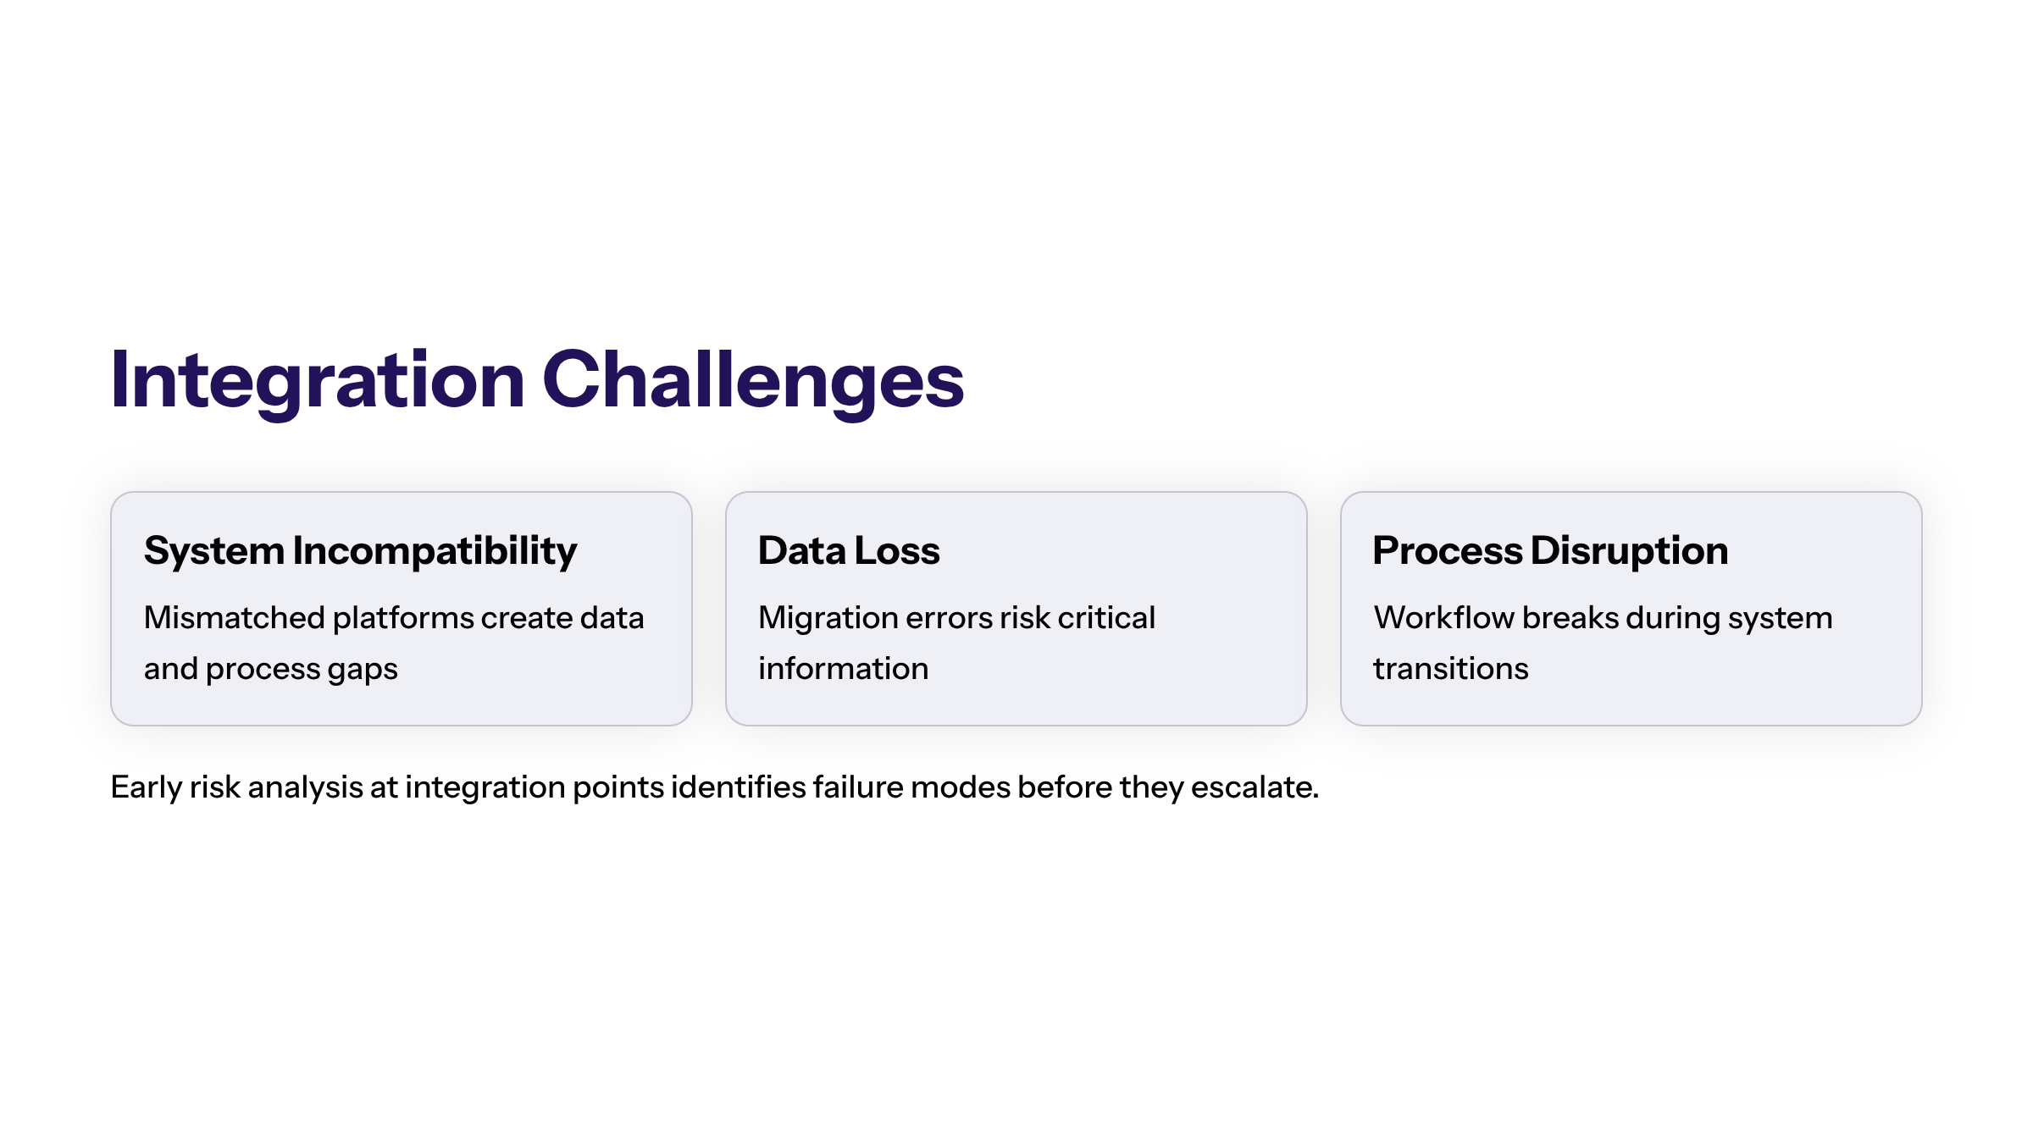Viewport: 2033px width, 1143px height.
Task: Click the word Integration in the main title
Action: pyautogui.click(x=318, y=381)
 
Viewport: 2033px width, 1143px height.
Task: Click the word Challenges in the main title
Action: pyautogui.click(x=753, y=381)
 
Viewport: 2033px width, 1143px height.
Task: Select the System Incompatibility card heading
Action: pyautogui.click(x=361, y=552)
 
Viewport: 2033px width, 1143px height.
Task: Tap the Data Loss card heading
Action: pyautogui.click(x=849, y=550)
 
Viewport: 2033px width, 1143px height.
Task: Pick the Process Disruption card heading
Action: pyautogui.click(x=1550, y=552)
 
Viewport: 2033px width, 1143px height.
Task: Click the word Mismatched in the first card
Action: pyautogui.click(x=235, y=618)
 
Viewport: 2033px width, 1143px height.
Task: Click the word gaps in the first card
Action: pyautogui.click(x=363, y=671)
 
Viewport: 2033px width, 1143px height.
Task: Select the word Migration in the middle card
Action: pyautogui.click(x=828, y=619)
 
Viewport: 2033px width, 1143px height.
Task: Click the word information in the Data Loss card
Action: pyautogui.click(x=844, y=669)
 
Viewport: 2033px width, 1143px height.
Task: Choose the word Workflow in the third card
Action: pyautogui.click(x=1444, y=618)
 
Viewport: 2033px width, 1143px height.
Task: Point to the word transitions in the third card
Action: pyautogui.click(x=1451, y=669)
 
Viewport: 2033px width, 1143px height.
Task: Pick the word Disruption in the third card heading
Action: pyautogui.click(x=1630, y=552)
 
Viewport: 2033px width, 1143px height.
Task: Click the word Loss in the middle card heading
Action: pyautogui.click(x=897, y=550)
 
